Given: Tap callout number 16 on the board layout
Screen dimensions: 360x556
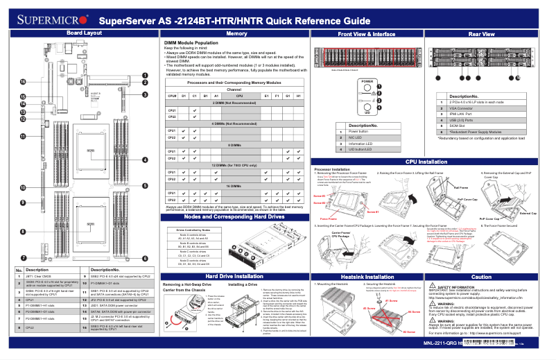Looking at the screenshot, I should (x=23, y=82).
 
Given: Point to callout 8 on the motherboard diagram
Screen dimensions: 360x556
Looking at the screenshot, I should (x=23, y=231).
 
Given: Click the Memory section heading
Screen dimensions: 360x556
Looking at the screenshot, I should (x=236, y=33).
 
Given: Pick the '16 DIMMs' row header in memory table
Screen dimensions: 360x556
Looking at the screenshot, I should (x=236, y=187).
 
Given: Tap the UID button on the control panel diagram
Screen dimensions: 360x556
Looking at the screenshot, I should (x=367, y=108).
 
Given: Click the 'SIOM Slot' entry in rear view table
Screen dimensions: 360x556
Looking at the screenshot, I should (x=458, y=125).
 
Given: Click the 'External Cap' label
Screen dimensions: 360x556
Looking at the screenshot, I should (x=528, y=213).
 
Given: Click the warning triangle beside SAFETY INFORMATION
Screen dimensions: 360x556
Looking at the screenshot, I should (x=433, y=286).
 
